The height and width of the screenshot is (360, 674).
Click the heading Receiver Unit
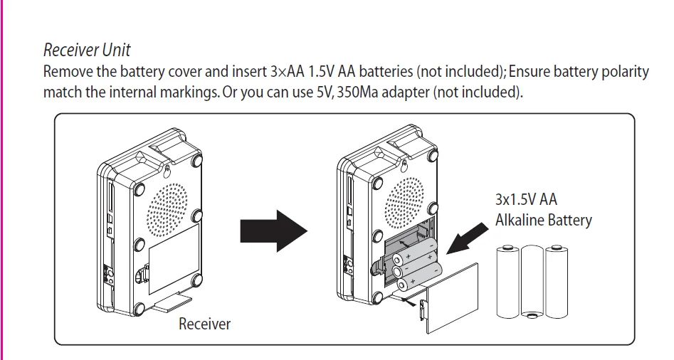point(87,51)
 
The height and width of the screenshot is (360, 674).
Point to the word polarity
point(624,72)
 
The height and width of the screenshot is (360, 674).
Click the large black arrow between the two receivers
point(273,229)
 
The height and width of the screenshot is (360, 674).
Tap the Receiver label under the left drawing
point(205,324)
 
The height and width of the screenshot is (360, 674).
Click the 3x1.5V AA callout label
point(526,199)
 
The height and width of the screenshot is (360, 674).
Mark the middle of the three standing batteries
point(532,281)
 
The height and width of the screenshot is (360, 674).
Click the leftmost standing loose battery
point(508,281)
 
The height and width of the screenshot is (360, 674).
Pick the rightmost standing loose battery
point(556,281)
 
